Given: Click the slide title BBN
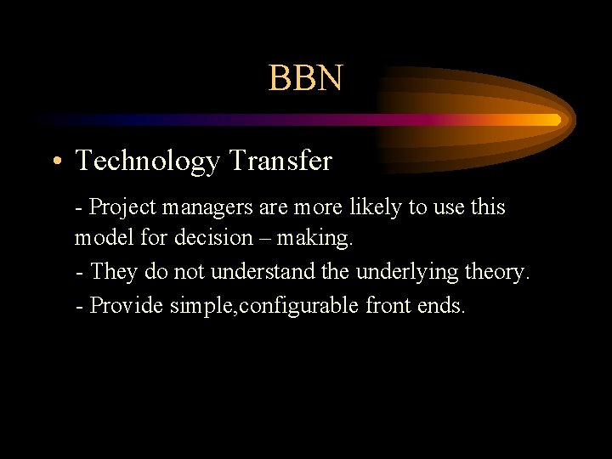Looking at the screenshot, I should click(306, 78).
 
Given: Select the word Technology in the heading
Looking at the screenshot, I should click(147, 161).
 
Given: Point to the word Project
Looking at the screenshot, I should click(121, 207).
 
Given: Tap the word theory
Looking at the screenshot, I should click(498, 273).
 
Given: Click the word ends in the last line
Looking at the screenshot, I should click(441, 305).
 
